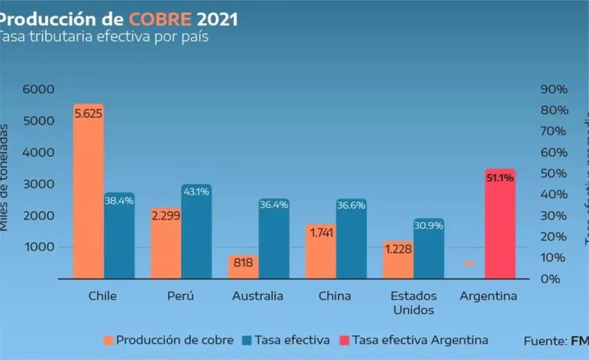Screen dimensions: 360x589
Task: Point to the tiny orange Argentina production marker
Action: pos(469,263)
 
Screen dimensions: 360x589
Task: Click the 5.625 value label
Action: pos(88,113)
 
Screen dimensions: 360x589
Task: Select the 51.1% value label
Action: pos(500,177)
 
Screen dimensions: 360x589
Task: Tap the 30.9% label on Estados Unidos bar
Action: pos(428,225)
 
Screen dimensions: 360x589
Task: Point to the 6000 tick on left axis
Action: pos(39,90)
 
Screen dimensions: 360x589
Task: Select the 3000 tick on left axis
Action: pos(39,184)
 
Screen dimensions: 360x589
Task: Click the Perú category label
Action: pos(180,296)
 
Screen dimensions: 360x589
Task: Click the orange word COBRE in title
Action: pos(162,19)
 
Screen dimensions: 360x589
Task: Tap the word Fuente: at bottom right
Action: pos(545,340)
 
